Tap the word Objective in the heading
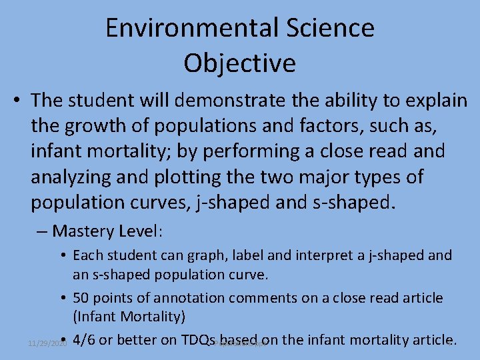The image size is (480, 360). tap(239, 63)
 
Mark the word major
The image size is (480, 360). tap(339, 177)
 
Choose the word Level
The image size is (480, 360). tap(139, 231)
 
